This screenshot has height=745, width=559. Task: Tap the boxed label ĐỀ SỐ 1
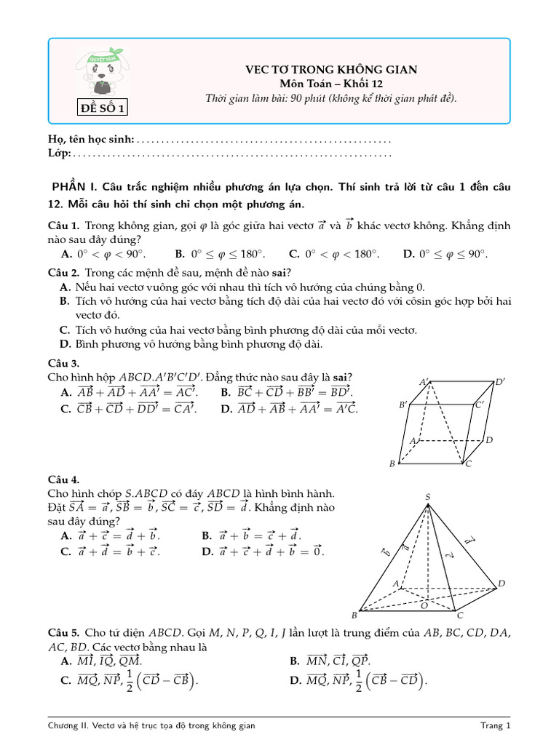tap(103, 109)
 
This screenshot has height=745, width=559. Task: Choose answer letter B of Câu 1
tap(180, 254)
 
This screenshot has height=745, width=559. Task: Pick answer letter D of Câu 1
tap(408, 254)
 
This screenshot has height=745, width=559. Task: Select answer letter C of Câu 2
tap(65, 330)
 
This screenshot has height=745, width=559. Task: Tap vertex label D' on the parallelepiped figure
tap(500, 382)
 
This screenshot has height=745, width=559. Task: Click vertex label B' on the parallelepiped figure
tap(403, 405)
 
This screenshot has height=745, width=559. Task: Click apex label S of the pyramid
tap(427, 497)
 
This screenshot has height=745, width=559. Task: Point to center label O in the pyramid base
tap(424, 605)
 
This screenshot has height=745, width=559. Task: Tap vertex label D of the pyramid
tap(501, 583)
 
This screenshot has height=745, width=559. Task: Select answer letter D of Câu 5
tap(295, 681)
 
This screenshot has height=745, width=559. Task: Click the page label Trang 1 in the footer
tap(496, 725)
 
